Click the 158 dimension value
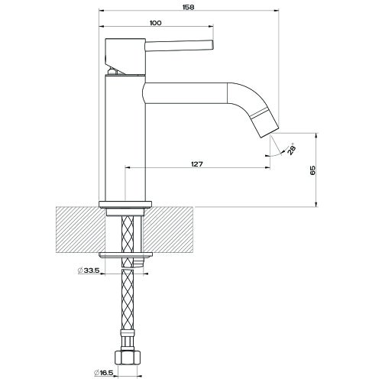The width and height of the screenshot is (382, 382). (x=189, y=7)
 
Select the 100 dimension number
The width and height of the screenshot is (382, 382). (x=156, y=23)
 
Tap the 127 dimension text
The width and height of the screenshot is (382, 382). (x=197, y=164)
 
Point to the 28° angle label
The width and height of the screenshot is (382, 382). (x=292, y=149)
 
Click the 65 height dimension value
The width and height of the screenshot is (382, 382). (x=312, y=170)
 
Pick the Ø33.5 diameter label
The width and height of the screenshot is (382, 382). (x=89, y=270)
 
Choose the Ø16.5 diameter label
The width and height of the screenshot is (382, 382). (x=103, y=373)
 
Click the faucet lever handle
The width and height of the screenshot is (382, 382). (x=179, y=45)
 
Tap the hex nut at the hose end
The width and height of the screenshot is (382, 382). (x=128, y=358)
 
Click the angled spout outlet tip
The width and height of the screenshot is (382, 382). (x=270, y=132)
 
